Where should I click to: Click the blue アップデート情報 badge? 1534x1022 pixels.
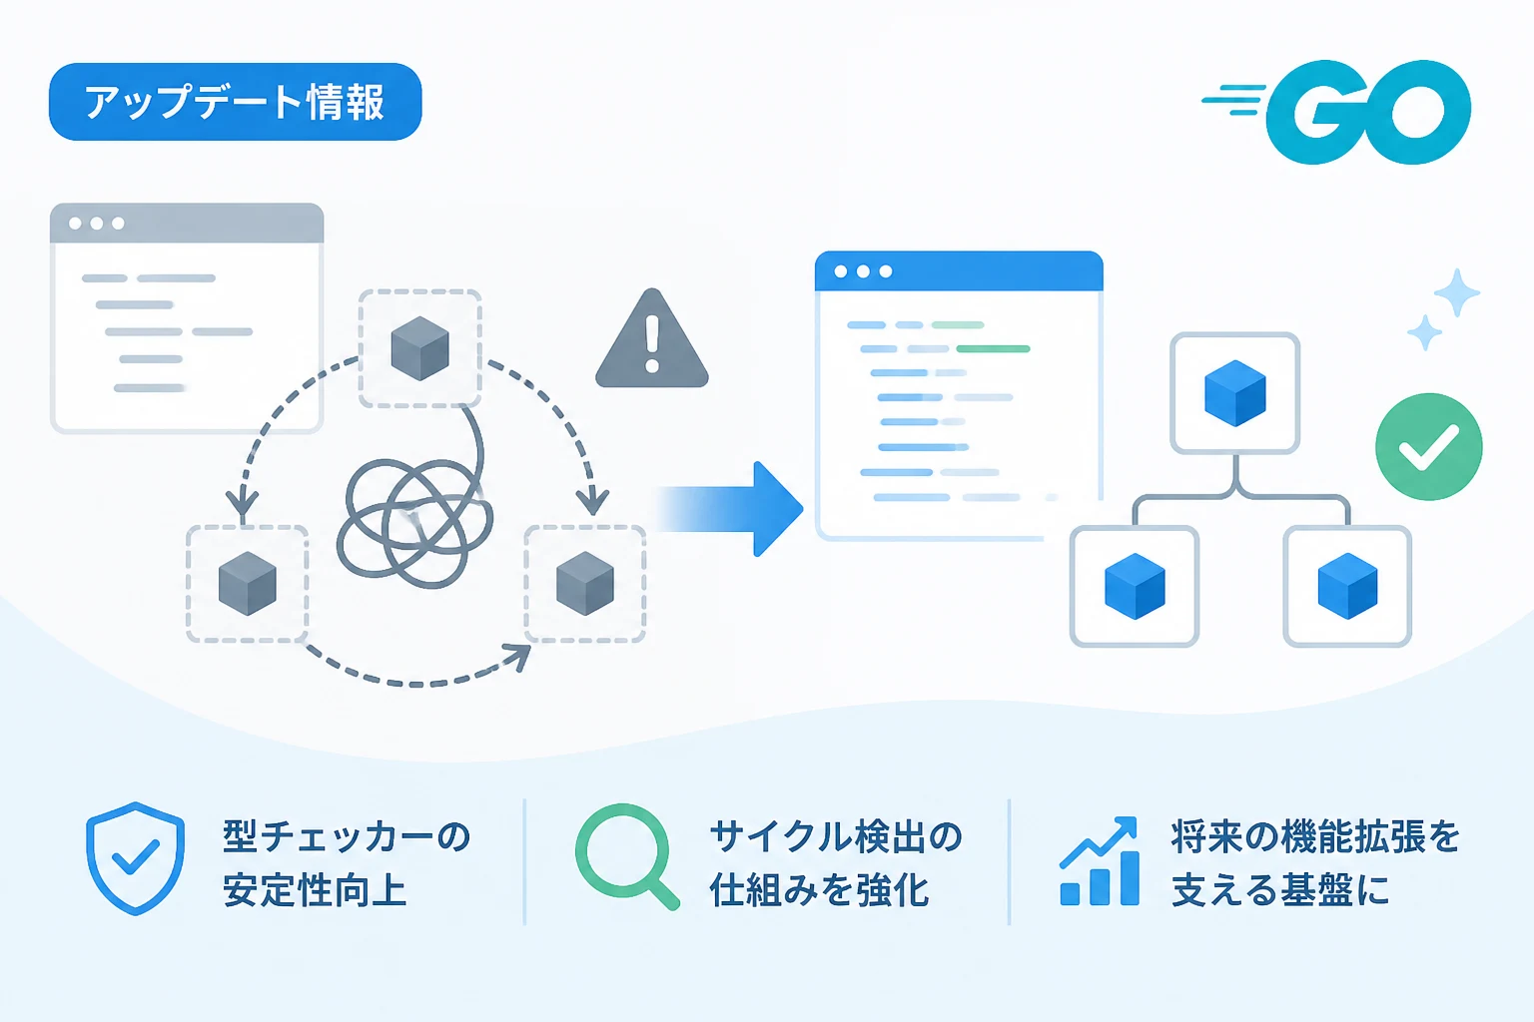[x=235, y=102]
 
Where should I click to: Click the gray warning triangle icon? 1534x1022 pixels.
[x=652, y=339]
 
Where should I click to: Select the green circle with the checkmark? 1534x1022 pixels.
[x=1428, y=446]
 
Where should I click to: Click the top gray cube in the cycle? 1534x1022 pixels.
[x=419, y=348]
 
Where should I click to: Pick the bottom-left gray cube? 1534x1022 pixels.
[x=248, y=584]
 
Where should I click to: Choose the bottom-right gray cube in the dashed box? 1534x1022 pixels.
[x=585, y=584]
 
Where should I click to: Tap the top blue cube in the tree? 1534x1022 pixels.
[x=1234, y=393]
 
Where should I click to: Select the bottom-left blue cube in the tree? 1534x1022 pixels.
[x=1135, y=587]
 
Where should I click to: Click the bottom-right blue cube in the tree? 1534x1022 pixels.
[x=1347, y=587]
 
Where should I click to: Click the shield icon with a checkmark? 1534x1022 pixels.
[x=136, y=858]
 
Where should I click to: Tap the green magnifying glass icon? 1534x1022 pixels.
[x=627, y=856]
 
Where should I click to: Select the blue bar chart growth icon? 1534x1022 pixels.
[x=1100, y=861]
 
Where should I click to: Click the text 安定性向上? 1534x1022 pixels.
[x=315, y=890]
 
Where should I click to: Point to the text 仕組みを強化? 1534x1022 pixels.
[x=819, y=890]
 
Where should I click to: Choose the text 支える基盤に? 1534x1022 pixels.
[x=1280, y=890]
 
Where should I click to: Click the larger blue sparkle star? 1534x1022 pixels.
[x=1457, y=293]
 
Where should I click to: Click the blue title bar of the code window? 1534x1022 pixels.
[x=959, y=271]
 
